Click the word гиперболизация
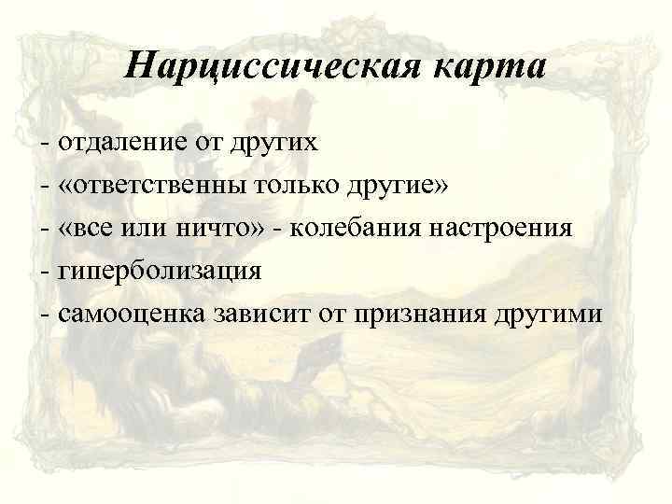tap(160, 270)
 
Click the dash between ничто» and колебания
tap(277, 229)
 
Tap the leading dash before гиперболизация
tap(46, 271)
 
